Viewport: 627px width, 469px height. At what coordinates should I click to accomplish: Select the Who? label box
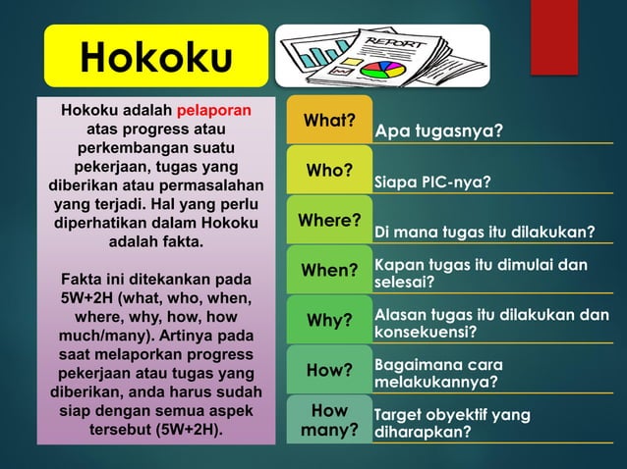point(329,171)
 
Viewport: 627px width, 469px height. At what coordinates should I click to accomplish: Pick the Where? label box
point(329,220)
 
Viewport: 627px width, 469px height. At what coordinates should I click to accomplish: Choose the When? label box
point(329,270)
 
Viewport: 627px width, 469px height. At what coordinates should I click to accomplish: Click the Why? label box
point(329,320)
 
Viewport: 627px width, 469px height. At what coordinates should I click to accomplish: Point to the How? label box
point(329,370)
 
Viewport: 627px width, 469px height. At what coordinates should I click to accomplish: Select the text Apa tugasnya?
point(439,130)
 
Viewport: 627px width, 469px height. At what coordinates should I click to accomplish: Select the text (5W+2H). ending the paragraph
point(186,429)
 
